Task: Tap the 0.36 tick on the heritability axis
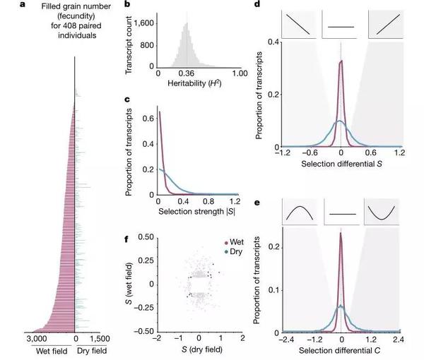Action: (186, 73)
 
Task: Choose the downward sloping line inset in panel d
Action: (299, 22)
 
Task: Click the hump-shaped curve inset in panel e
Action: (300, 211)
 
